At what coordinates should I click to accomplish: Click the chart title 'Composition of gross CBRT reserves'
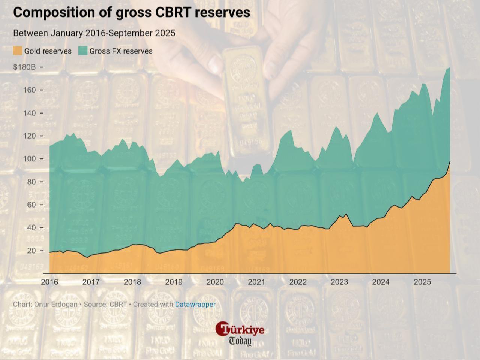pos(132,12)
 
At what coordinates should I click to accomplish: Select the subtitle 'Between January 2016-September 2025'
pos(94,33)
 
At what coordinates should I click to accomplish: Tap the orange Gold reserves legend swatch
pos(18,51)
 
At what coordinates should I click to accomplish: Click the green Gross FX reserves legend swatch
pos(83,51)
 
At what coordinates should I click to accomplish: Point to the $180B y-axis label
pos(24,67)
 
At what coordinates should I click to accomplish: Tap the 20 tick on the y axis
pos(31,251)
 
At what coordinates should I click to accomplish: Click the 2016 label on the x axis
pos(49,282)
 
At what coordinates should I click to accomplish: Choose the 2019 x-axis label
pos(174,282)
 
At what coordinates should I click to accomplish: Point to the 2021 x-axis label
pos(256,282)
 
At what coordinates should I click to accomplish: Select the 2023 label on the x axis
pos(339,282)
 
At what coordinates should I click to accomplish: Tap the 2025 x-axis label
pos(422,282)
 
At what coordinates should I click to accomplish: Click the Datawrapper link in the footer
pos(195,305)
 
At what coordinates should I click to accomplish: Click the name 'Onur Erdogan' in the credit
pos(56,305)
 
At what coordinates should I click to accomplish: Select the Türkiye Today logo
pos(240,333)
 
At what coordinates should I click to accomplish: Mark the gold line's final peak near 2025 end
pos(450,161)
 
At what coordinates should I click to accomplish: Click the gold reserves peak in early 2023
pos(346,214)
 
